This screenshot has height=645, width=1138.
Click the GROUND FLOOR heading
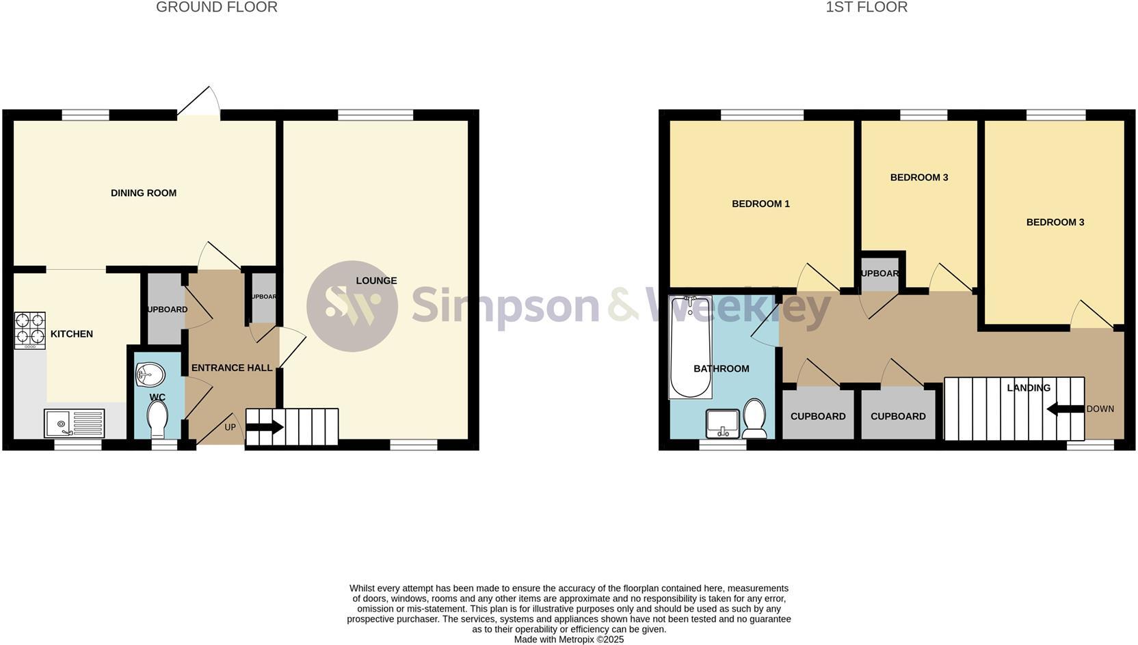point(216,8)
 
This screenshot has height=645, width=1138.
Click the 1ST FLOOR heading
point(866,8)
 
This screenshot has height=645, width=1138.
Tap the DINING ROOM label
point(144,193)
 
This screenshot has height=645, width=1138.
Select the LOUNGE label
point(376,281)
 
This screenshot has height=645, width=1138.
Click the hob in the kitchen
point(30,330)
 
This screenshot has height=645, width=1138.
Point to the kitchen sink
point(74,423)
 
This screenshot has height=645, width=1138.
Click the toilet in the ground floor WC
point(157,419)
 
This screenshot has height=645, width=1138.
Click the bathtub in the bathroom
point(690,346)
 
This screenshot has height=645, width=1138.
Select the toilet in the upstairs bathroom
point(754,418)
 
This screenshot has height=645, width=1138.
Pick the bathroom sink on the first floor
point(722,423)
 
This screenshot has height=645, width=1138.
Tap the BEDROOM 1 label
point(760,204)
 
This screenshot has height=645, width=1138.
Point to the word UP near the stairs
point(230,428)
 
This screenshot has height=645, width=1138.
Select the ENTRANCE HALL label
point(232,368)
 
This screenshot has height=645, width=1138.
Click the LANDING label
point(1028,388)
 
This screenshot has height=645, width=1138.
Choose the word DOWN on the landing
point(1100,409)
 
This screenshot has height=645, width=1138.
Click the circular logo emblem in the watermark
point(352,306)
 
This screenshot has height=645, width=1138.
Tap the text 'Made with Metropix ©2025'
point(568,640)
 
